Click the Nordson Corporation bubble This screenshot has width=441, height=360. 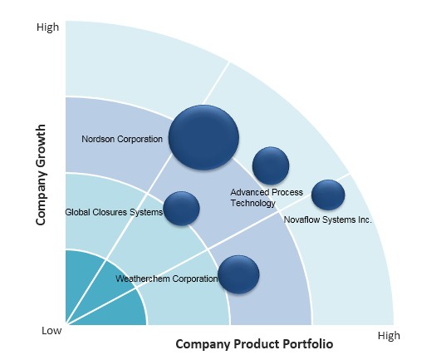tap(203, 137)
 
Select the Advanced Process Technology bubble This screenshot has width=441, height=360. tap(271, 165)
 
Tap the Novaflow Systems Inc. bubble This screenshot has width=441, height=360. tap(328, 195)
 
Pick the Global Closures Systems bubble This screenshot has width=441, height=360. tap(181, 209)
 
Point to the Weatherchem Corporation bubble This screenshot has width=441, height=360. tap(238, 274)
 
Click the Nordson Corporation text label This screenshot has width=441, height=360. tap(122, 139)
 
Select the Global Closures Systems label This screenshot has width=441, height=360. tap(114, 212)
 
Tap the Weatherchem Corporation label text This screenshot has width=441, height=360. tap(166, 279)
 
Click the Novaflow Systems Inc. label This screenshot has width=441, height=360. tap(328, 219)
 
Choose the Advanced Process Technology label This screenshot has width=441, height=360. tap(267, 198)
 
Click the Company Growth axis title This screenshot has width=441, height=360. tap(41, 175)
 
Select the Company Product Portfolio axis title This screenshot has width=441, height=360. tap(254, 344)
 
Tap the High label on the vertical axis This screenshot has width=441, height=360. tap(48, 27)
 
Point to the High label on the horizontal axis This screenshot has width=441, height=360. tap(389, 336)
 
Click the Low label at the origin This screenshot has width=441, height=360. tap(51, 330)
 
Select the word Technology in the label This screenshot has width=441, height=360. tap(252, 203)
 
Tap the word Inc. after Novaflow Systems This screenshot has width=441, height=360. tap(365, 219)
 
